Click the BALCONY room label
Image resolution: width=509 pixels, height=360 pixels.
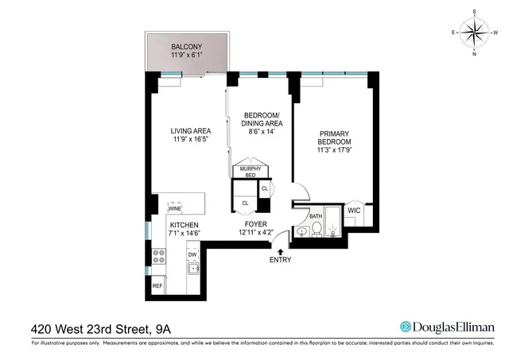[x=187, y=47]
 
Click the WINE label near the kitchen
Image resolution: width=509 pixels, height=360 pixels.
[x=175, y=209]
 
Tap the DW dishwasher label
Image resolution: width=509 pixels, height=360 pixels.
[x=192, y=255]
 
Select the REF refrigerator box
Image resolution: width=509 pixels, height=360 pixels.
[x=157, y=285]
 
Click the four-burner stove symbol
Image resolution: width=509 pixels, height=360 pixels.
[x=157, y=257]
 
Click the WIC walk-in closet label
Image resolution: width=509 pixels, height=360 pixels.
[x=354, y=211]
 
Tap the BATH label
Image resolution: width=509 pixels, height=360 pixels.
[x=316, y=215]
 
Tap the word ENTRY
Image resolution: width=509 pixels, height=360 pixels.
[x=281, y=261]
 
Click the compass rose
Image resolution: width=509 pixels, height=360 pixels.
[x=475, y=33]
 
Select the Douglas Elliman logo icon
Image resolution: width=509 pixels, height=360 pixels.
[x=405, y=327]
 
